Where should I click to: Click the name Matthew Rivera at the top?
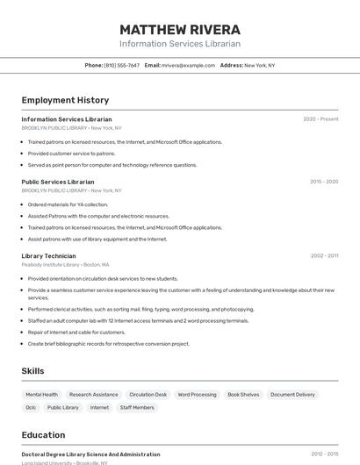[180, 29]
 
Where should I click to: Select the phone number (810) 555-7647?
[121, 65]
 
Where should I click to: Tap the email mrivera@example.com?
[188, 65]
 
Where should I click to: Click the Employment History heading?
[65, 100]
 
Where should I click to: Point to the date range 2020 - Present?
[320, 119]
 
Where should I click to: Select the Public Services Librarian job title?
[58, 182]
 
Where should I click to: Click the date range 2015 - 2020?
[324, 182]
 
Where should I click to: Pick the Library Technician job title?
[48, 256]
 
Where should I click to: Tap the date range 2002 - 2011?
[324, 256]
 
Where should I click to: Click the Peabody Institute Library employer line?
[65, 264]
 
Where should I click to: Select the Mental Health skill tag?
[42, 395]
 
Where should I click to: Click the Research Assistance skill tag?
[93, 395]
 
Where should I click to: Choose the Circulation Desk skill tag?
[148, 395]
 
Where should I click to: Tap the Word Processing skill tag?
[197, 395]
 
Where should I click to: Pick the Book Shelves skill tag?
[243, 395]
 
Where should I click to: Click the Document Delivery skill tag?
[292, 395]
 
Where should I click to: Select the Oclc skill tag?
[31, 407]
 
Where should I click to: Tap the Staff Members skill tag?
[137, 407]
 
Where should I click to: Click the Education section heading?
[43, 435]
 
